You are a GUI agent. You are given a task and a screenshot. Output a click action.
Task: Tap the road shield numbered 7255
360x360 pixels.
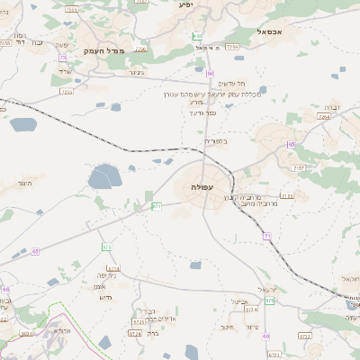point(232,46)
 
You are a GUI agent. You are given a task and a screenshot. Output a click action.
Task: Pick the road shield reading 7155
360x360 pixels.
point(286,195)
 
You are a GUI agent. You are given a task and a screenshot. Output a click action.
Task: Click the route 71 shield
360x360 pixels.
point(267,236)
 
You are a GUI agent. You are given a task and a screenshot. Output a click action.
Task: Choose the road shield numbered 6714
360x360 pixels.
point(113,268)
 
